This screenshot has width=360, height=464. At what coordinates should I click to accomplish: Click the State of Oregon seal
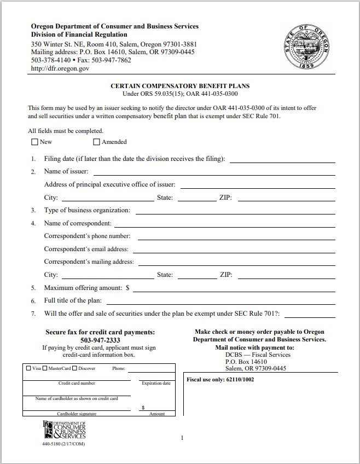(306, 47)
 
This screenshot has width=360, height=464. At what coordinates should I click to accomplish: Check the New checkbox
(34, 142)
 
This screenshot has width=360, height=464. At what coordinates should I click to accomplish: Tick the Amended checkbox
(96, 142)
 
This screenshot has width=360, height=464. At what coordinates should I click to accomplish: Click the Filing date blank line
(282, 159)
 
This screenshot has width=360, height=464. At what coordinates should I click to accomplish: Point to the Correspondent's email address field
(234, 250)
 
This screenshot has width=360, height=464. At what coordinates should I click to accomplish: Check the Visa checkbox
(28, 368)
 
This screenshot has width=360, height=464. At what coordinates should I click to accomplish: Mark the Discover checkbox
(74, 368)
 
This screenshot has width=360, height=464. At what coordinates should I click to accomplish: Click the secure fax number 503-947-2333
(101, 340)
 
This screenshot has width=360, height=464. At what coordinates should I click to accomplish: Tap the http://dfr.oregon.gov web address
(60, 69)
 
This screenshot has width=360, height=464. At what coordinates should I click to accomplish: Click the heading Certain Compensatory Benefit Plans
(180, 86)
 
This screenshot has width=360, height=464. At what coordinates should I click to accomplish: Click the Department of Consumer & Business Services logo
(65, 431)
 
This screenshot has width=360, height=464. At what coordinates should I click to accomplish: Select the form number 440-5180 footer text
(63, 444)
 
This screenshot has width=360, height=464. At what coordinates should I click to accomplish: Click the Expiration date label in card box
(156, 383)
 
